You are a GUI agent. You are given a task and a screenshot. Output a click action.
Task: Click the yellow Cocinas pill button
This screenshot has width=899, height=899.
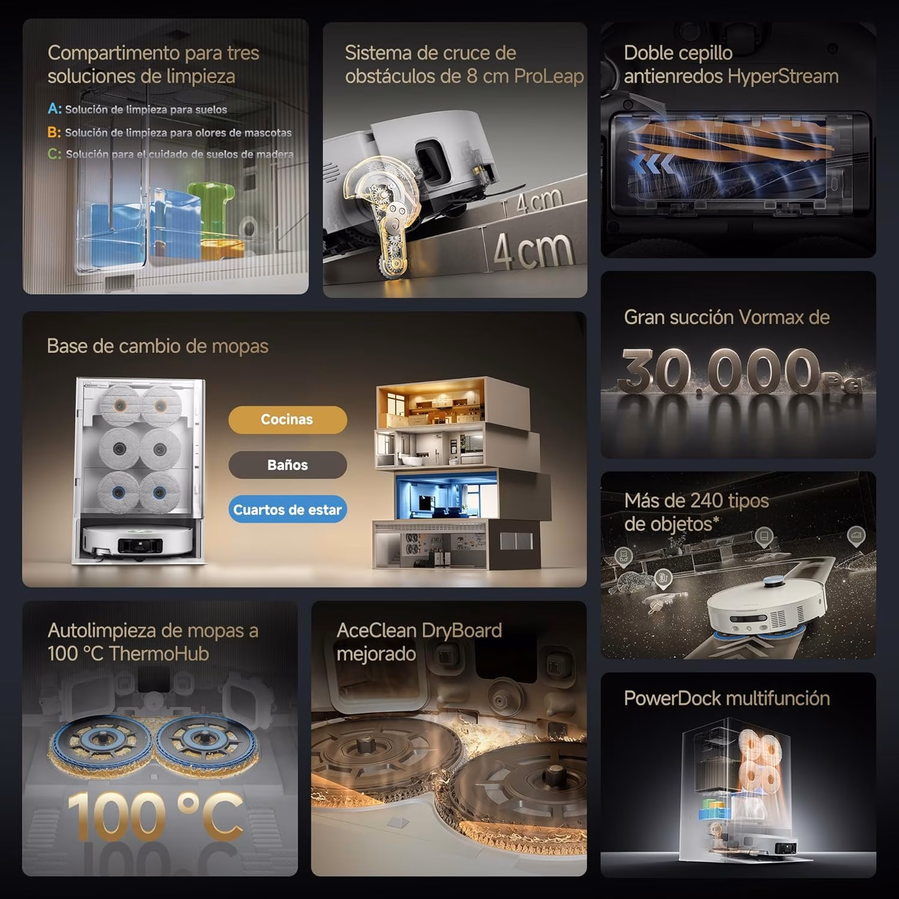click(287, 420)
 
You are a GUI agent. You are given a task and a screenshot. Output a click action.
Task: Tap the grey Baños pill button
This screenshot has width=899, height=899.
click(287, 465)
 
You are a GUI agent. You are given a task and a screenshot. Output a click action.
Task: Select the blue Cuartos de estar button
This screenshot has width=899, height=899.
click(287, 509)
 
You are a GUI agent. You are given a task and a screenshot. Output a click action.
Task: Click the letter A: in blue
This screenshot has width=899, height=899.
click(55, 109)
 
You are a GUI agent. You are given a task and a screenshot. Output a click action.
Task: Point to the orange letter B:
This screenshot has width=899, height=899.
click(54, 132)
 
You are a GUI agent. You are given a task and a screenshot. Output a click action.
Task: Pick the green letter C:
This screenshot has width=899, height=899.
click(54, 154)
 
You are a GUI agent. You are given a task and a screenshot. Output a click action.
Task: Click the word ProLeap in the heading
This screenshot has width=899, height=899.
click(548, 77)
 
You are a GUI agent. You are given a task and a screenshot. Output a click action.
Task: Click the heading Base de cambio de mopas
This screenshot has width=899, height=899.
click(158, 346)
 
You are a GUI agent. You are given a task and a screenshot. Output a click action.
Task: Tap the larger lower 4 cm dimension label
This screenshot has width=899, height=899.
click(532, 250)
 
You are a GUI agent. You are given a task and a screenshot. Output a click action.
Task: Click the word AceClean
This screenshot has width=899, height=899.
click(376, 630)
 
